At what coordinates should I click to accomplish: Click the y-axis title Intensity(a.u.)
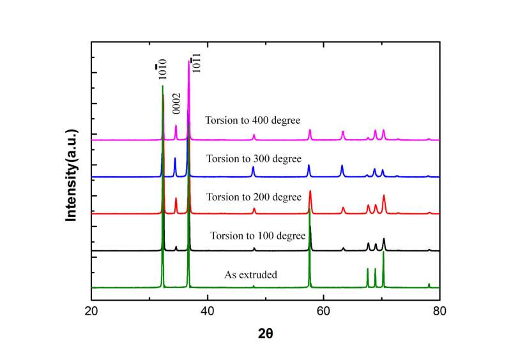pyautogui.click(x=72, y=174)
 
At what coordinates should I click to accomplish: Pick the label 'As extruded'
pyautogui.click(x=250, y=275)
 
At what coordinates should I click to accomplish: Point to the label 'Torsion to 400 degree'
pyautogui.click(x=252, y=119)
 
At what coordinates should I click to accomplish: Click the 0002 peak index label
pyautogui.click(x=176, y=103)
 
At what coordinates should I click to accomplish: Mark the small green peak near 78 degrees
pyautogui.click(x=429, y=284)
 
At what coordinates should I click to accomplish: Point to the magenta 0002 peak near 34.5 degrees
pyautogui.click(x=176, y=126)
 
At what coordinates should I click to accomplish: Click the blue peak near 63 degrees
pyautogui.click(x=342, y=167)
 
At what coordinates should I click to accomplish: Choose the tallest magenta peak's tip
pyautogui.click(x=188, y=60)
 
